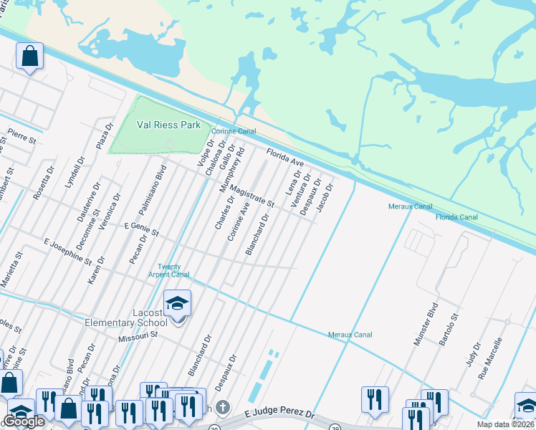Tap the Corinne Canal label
[x=233, y=131]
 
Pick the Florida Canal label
[x=456, y=216]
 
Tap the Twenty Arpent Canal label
[x=169, y=270]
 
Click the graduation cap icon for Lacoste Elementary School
[x=177, y=304]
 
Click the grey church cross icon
[x=223, y=408]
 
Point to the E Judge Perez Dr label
[x=279, y=414]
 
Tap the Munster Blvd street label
[x=426, y=325]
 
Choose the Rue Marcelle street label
[x=494, y=358]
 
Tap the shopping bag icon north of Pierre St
[x=30, y=56]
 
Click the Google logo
[x=24, y=421]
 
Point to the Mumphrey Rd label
[x=237, y=170]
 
